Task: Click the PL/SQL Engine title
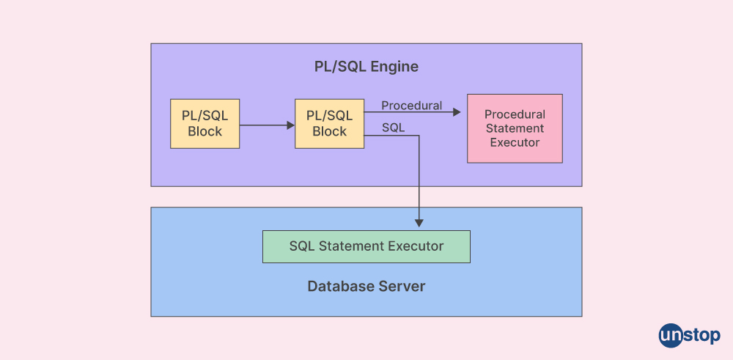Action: [x=366, y=67]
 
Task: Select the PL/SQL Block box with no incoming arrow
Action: [x=205, y=123]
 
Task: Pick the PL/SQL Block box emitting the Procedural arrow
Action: [x=329, y=123]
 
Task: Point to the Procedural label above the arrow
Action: [x=411, y=106]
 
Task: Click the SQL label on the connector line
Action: [x=393, y=128]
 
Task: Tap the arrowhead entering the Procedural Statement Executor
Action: [x=457, y=112]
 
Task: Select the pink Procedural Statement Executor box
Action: [x=515, y=128]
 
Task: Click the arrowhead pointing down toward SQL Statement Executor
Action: [x=419, y=222]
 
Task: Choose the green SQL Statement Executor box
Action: [x=366, y=246]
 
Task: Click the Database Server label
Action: [x=366, y=286]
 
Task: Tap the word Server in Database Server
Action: [x=402, y=286]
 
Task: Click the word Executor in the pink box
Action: [x=515, y=142]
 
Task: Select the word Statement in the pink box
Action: [x=515, y=128]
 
